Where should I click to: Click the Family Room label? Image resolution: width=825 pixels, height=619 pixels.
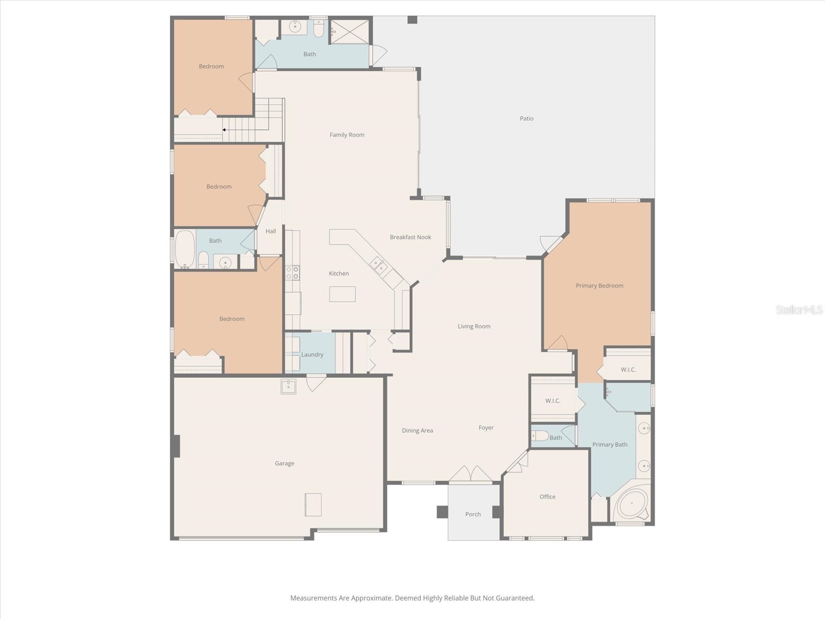346,135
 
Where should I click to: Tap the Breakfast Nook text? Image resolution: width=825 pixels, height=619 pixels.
410,237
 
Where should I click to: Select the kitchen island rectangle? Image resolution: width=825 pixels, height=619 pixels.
342,294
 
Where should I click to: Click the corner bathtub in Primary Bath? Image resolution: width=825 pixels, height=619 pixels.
633,504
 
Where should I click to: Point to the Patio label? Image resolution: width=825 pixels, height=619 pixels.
526,119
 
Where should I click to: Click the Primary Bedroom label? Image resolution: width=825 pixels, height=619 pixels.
599,286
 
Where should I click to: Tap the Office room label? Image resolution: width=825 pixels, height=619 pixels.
547,497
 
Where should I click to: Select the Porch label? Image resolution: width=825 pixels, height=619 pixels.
473,514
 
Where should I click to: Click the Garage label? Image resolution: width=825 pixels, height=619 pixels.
284,463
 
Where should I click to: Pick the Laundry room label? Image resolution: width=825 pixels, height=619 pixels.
312,354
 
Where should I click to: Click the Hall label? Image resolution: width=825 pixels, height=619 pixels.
271,231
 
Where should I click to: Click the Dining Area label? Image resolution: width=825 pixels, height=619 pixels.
417,431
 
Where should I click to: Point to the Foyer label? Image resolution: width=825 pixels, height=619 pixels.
486,428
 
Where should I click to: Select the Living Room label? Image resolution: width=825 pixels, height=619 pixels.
474,327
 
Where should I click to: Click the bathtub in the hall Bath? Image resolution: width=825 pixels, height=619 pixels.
185,249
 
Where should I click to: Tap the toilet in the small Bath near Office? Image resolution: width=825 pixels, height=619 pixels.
540,436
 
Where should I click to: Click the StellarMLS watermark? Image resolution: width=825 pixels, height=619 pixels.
799,310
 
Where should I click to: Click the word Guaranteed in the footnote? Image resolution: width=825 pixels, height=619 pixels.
515,598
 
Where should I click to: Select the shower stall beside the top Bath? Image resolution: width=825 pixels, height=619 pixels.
350,31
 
